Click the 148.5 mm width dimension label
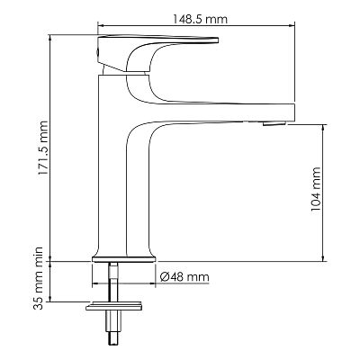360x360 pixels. [x=200, y=19]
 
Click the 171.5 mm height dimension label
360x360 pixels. [x=43, y=148]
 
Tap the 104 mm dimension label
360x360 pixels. [x=316, y=189]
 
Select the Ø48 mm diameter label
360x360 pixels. [x=184, y=277]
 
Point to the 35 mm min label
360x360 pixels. [x=39, y=278]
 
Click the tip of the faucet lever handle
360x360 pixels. [x=218, y=40]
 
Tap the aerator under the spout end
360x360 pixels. [x=274, y=123]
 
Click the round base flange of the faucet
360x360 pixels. [x=124, y=259]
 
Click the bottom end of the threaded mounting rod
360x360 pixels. [x=113, y=344]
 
